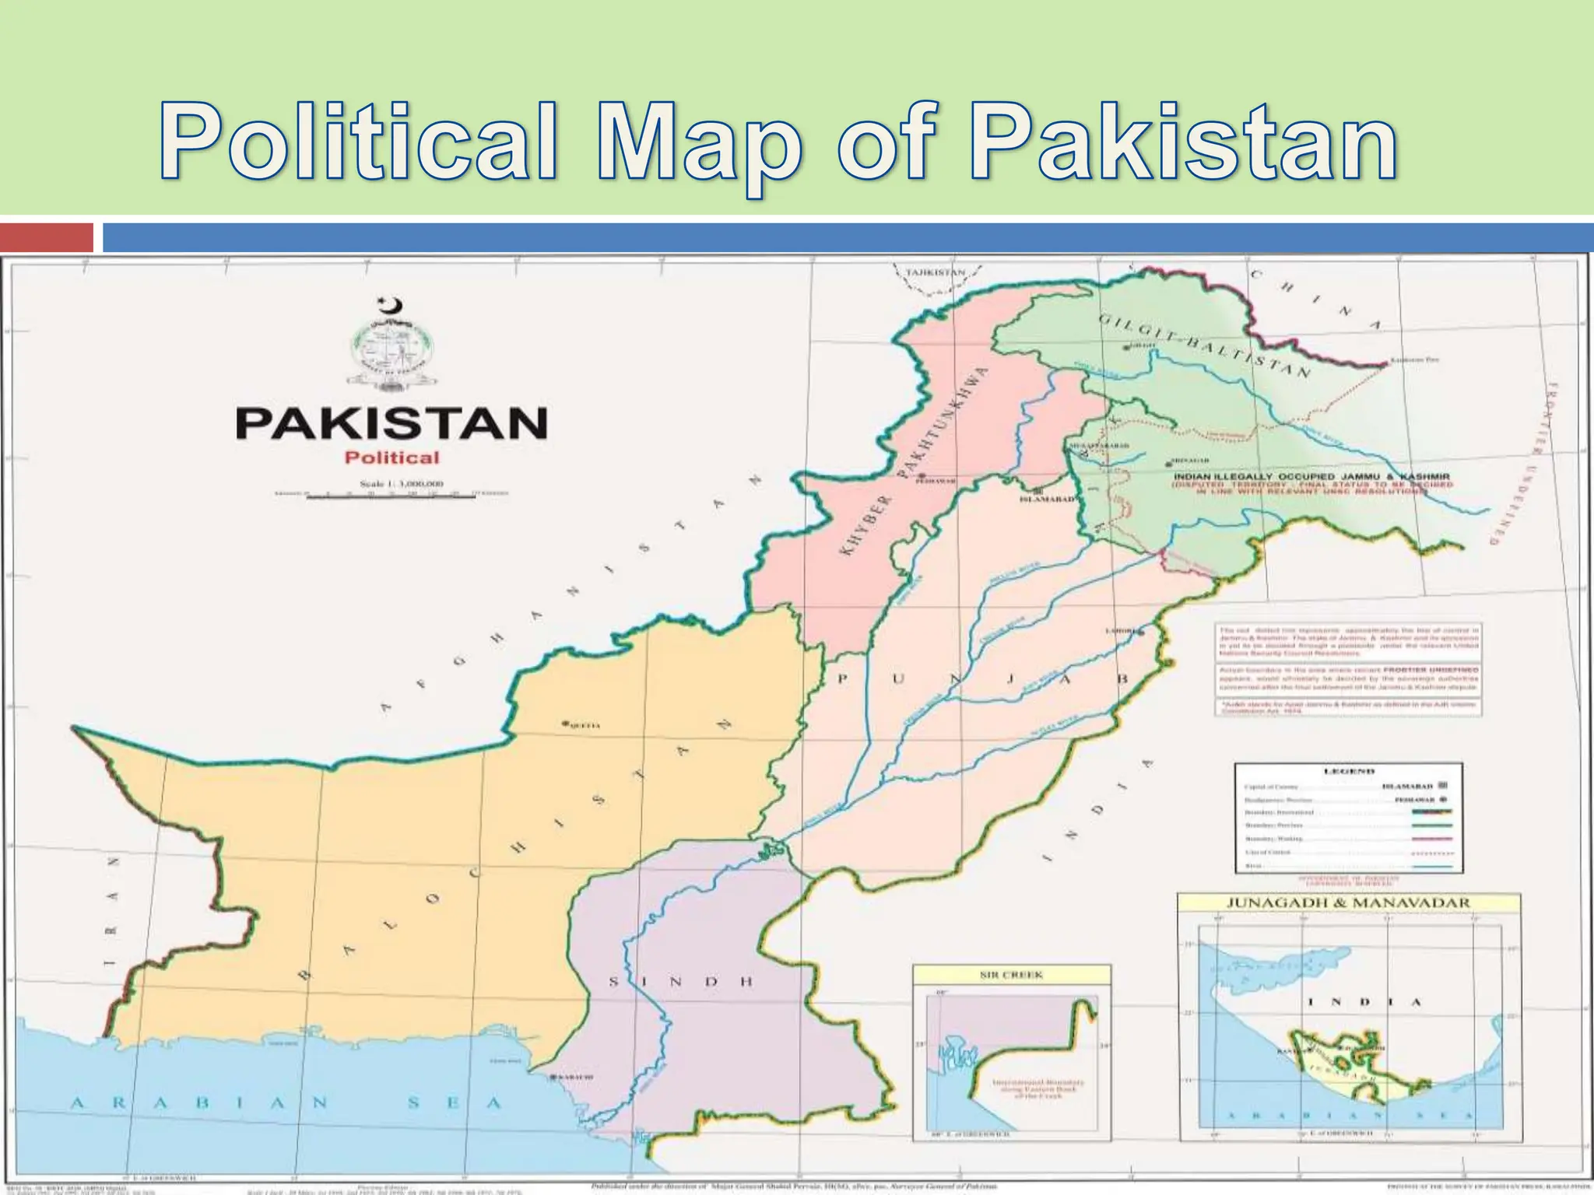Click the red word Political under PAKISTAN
click(x=391, y=457)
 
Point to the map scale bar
click(x=391, y=495)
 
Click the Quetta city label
click(x=584, y=725)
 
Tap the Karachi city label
click(x=575, y=1078)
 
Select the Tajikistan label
click(x=934, y=273)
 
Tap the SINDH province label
click(x=681, y=982)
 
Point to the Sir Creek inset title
click(x=1010, y=975)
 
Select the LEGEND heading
click(x=1349, y=771)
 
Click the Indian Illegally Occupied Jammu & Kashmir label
click(x=1311, y=475)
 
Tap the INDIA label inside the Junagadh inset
click(x=1364, y=1002)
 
